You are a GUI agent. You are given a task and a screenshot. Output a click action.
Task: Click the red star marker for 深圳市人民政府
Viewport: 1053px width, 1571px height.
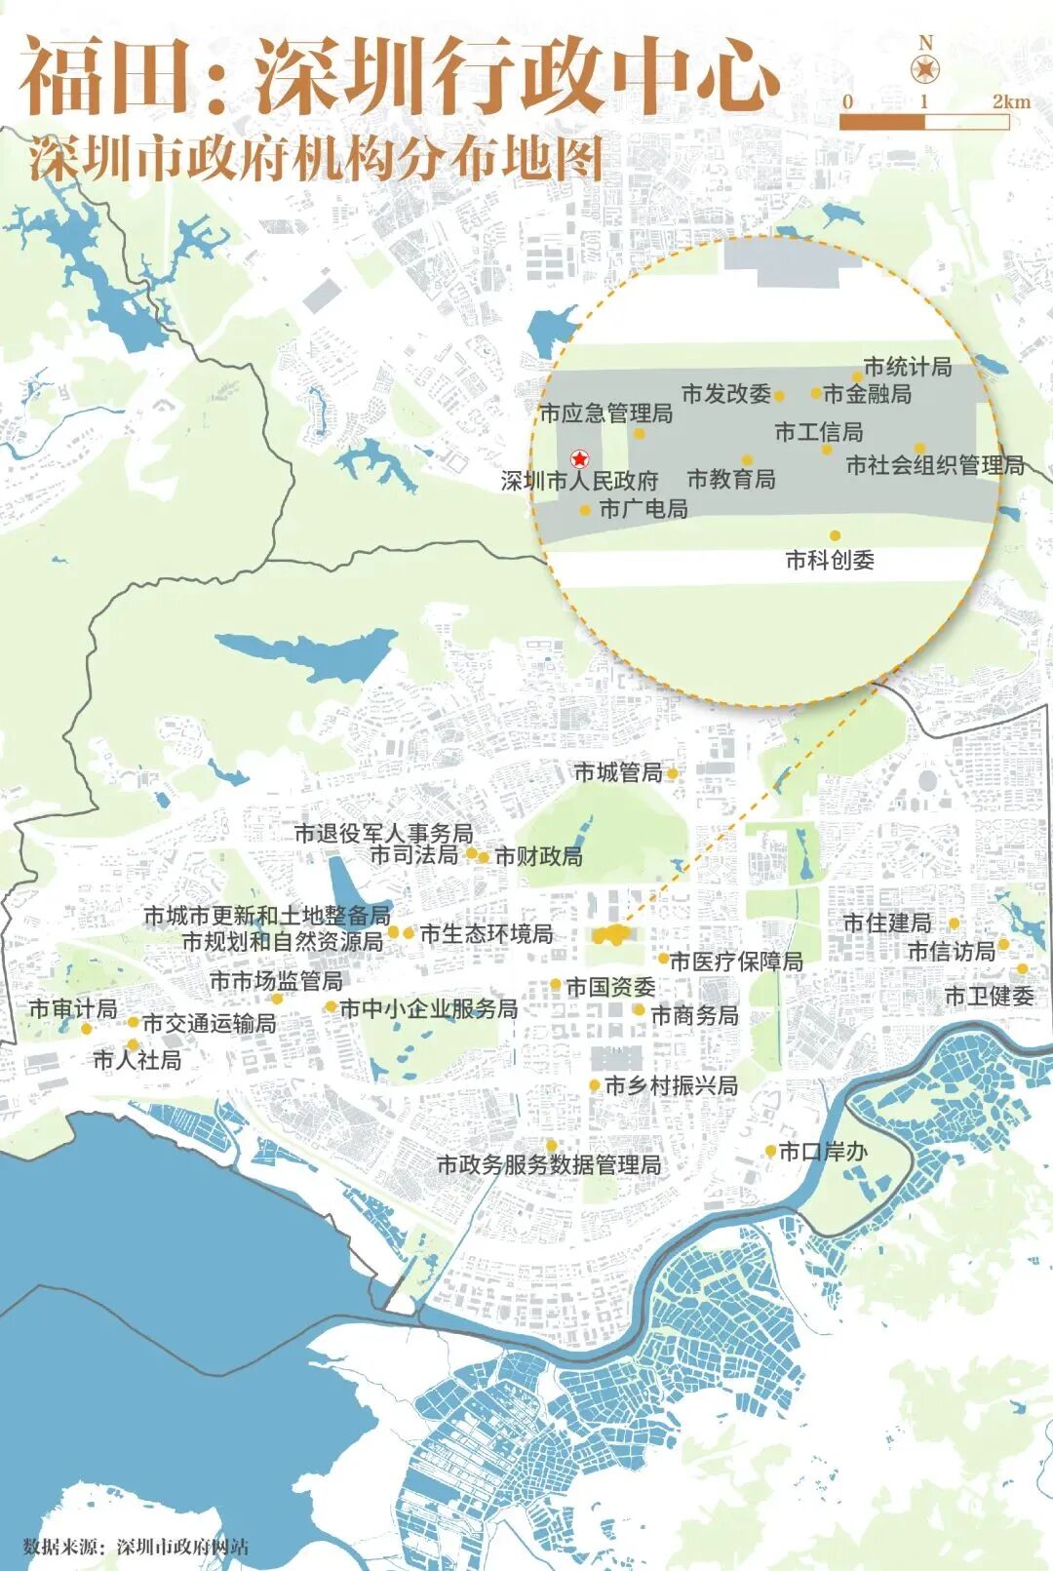(579, 458)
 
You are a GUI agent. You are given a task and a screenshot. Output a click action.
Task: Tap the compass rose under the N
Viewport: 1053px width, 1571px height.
(924, 69)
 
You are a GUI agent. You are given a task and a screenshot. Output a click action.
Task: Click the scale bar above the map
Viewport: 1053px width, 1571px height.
(923, 122)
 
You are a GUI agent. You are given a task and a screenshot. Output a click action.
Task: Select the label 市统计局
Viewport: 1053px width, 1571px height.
(908, 368)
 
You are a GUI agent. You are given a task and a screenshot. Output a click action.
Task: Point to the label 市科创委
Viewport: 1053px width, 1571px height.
(830, 561)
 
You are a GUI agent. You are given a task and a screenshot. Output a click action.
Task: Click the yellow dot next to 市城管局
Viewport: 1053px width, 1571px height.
(672, 773)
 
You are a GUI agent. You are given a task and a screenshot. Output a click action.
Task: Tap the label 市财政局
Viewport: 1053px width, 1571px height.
(539, 857)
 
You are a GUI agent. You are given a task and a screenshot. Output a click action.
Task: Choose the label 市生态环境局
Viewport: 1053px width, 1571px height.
(487, 934)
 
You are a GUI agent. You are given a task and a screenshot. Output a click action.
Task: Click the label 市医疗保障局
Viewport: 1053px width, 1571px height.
(736, 962)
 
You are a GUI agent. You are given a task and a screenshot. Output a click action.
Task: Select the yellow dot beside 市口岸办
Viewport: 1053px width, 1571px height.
(770, 1151)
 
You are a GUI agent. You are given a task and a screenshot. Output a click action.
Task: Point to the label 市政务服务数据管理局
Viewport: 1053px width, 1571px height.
(549, 1165)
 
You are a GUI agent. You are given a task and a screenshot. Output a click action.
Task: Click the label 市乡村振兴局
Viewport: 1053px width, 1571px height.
(671, 1085)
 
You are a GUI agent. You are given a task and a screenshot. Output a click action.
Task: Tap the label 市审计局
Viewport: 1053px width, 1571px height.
(73, 1008)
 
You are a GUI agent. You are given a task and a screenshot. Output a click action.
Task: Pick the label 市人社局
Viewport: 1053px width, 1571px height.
(137, 1060)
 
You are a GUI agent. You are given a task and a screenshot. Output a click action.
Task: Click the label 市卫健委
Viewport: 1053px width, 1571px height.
(990, 997)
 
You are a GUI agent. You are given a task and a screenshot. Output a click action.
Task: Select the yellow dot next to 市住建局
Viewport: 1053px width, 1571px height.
(955, 923)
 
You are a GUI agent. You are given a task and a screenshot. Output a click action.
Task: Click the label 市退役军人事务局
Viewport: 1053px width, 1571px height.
(384, 834)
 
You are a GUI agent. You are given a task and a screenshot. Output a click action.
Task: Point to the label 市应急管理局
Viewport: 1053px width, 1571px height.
(606, 414)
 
